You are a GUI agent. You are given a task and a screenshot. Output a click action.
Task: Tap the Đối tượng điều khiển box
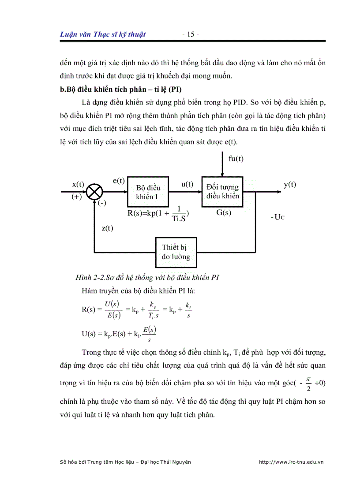click(x=222, y=192)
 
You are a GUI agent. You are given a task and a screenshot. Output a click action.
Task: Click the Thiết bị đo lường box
click(x=176, y=252)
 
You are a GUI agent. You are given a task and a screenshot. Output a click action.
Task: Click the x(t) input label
click(x=78, y=184)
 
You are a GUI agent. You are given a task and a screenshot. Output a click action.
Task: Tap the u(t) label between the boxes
click(x=187, y=184)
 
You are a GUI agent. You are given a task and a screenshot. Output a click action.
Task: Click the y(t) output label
click(x=290, y=184)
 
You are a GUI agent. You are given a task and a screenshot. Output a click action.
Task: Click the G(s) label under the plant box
click(x=224, y=212)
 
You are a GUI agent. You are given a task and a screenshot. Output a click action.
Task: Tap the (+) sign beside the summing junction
click(x=77, y=197)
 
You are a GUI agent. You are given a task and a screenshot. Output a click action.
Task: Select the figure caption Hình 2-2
click(x=147, y=277)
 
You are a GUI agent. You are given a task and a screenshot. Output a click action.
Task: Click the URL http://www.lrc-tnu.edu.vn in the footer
click(x=291, y=462)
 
